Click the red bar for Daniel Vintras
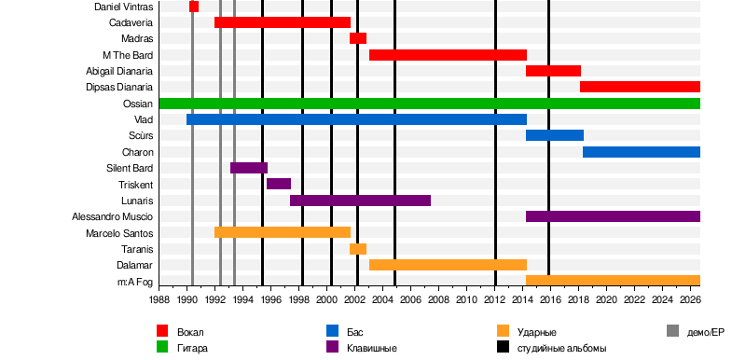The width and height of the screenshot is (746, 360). tap(194, 7)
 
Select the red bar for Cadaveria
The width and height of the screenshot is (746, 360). tap(283, 22)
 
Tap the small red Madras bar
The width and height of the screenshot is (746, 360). tap(358, 38)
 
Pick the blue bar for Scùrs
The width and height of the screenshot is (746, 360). tap(555, 135)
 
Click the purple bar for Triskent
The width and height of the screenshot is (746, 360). tap(279, 184)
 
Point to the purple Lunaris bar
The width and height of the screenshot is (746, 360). tap(360, 201)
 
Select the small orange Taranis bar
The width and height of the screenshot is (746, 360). tap(358, 249)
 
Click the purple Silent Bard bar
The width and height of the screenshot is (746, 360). tap(249, 168)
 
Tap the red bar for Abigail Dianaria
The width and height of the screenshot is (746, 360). tap(553, 71)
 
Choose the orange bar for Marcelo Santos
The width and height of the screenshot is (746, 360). tap(283, 232)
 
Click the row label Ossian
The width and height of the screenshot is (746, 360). tap(137, 104)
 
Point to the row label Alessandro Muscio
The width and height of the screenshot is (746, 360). tap(112, 217)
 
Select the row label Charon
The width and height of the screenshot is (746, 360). tap(137, 152)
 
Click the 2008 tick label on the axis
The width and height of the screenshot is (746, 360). tap(438, 299)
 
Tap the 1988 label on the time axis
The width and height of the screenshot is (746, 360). tap(159, 299)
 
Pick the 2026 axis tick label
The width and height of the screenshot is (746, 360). tap(690, 299)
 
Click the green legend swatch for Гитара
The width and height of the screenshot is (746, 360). tap(162, 347)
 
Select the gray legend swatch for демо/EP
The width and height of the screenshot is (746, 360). tap(672, 331)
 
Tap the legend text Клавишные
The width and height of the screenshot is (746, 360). tap(371, 348)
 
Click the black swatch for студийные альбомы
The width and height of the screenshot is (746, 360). tap(503, 347)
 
